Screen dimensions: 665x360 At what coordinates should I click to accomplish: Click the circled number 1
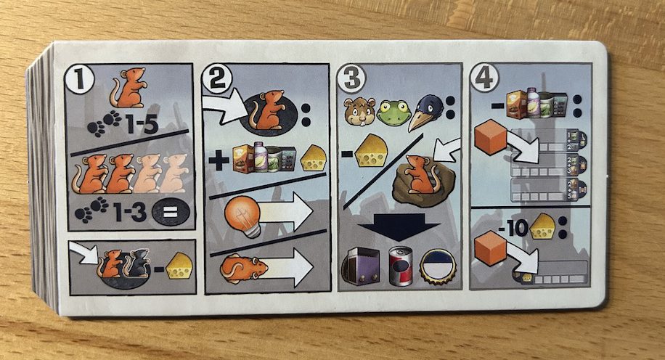(x=78, y=79)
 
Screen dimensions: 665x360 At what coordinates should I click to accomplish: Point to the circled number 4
(x=485, y=77)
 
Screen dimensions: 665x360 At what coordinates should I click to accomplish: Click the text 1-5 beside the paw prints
(x=142, y=124)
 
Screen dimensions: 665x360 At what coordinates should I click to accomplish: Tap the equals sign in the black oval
(x=170, y=212)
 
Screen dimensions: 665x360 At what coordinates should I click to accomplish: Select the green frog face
(x=393, y=113)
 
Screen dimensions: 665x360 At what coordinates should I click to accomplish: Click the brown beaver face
(x=359, y=112)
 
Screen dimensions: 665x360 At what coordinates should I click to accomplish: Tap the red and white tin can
(x=401, y=266)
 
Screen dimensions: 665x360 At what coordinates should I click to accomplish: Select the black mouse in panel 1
(x=138, y=263)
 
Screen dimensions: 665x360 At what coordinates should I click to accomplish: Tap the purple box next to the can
(x=362, y=266)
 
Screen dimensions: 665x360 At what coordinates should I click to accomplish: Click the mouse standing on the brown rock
(x=420, y=174)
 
